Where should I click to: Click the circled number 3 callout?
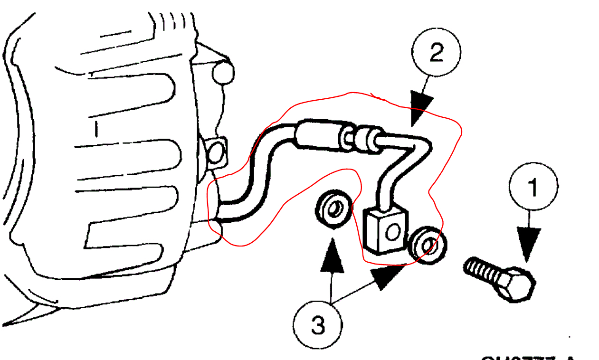[318, 326]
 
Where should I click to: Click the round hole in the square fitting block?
[392, 232]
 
